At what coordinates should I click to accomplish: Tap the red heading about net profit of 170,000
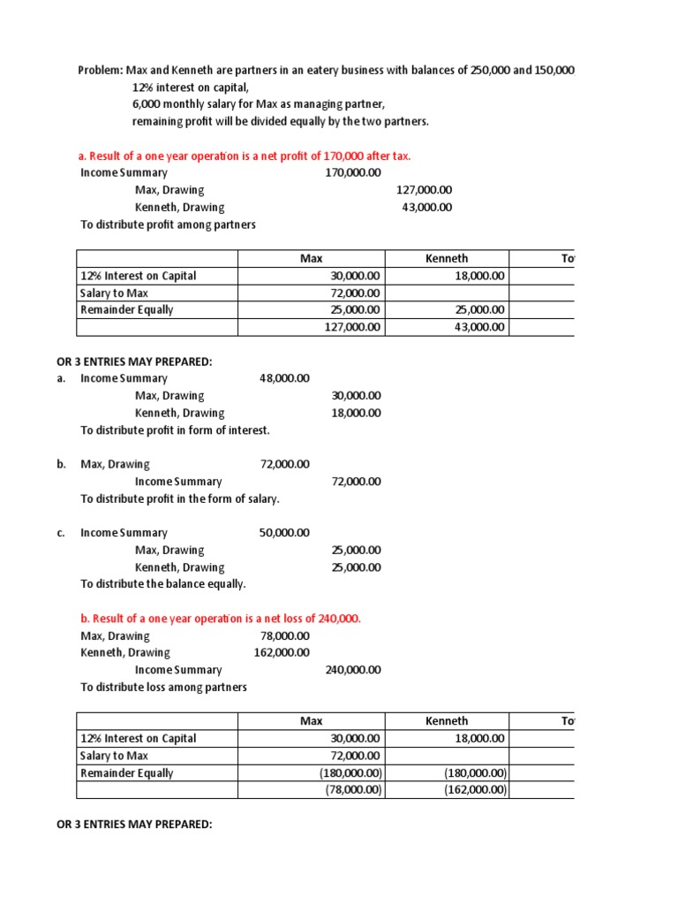(x=245, y=156)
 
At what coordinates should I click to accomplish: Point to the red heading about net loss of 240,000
(x=221, y=618)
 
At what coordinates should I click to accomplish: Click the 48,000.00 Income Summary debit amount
(x=284, y=378)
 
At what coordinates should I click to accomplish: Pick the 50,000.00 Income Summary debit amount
(x=284, y=533)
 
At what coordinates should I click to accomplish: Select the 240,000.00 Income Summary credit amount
(x=353, y=670)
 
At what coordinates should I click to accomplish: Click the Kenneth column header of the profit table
(x=447, y=258)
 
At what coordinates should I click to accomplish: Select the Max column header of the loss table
(x=312, y=721)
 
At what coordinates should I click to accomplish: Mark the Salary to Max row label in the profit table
(x=115, y=293)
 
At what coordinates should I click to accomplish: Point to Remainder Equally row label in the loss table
(x=127, y=773)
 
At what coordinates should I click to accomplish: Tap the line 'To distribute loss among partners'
(x=164, y=687)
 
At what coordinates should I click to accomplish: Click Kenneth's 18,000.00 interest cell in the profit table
(x=478, y=276)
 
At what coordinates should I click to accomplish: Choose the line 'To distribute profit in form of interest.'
(x=176, y=430)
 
